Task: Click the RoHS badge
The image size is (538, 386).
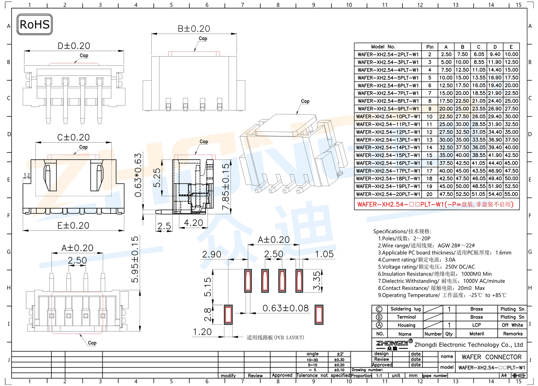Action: click(x=35, y=25)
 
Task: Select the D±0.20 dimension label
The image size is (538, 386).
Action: click(x=74, y=46)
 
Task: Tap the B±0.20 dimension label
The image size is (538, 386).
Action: click(x=194, y=29)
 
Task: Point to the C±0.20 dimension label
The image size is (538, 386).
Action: click(x=73, y=138)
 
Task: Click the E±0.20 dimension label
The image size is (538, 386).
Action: click(x=73, y=226)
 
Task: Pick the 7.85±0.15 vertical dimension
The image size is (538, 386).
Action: click(x=226, y=187)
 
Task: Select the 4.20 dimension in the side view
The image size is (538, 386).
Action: click(x=193, y=223)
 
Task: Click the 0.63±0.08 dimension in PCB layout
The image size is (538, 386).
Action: click(x=286, y=308)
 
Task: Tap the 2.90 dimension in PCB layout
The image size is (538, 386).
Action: click(x=211, y=254)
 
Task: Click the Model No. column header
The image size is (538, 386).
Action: click(x=383, y=47)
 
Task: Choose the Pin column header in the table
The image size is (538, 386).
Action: click(x=430, y=47)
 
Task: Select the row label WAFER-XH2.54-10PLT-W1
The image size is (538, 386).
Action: click(x=388, y=117)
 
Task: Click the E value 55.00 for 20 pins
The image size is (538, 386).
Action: click(x=511, y=194)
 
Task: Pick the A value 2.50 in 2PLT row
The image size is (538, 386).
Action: click(x=446, y=55)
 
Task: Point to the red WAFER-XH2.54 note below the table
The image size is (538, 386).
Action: click(x=435, y=204)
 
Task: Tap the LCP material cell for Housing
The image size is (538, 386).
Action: click(x=476, y=325)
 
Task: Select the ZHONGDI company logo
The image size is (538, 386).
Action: click(x=392, y=344)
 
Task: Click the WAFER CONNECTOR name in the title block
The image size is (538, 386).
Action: click(x=491, y=357)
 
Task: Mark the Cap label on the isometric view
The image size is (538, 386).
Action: click(x=305, y=101)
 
